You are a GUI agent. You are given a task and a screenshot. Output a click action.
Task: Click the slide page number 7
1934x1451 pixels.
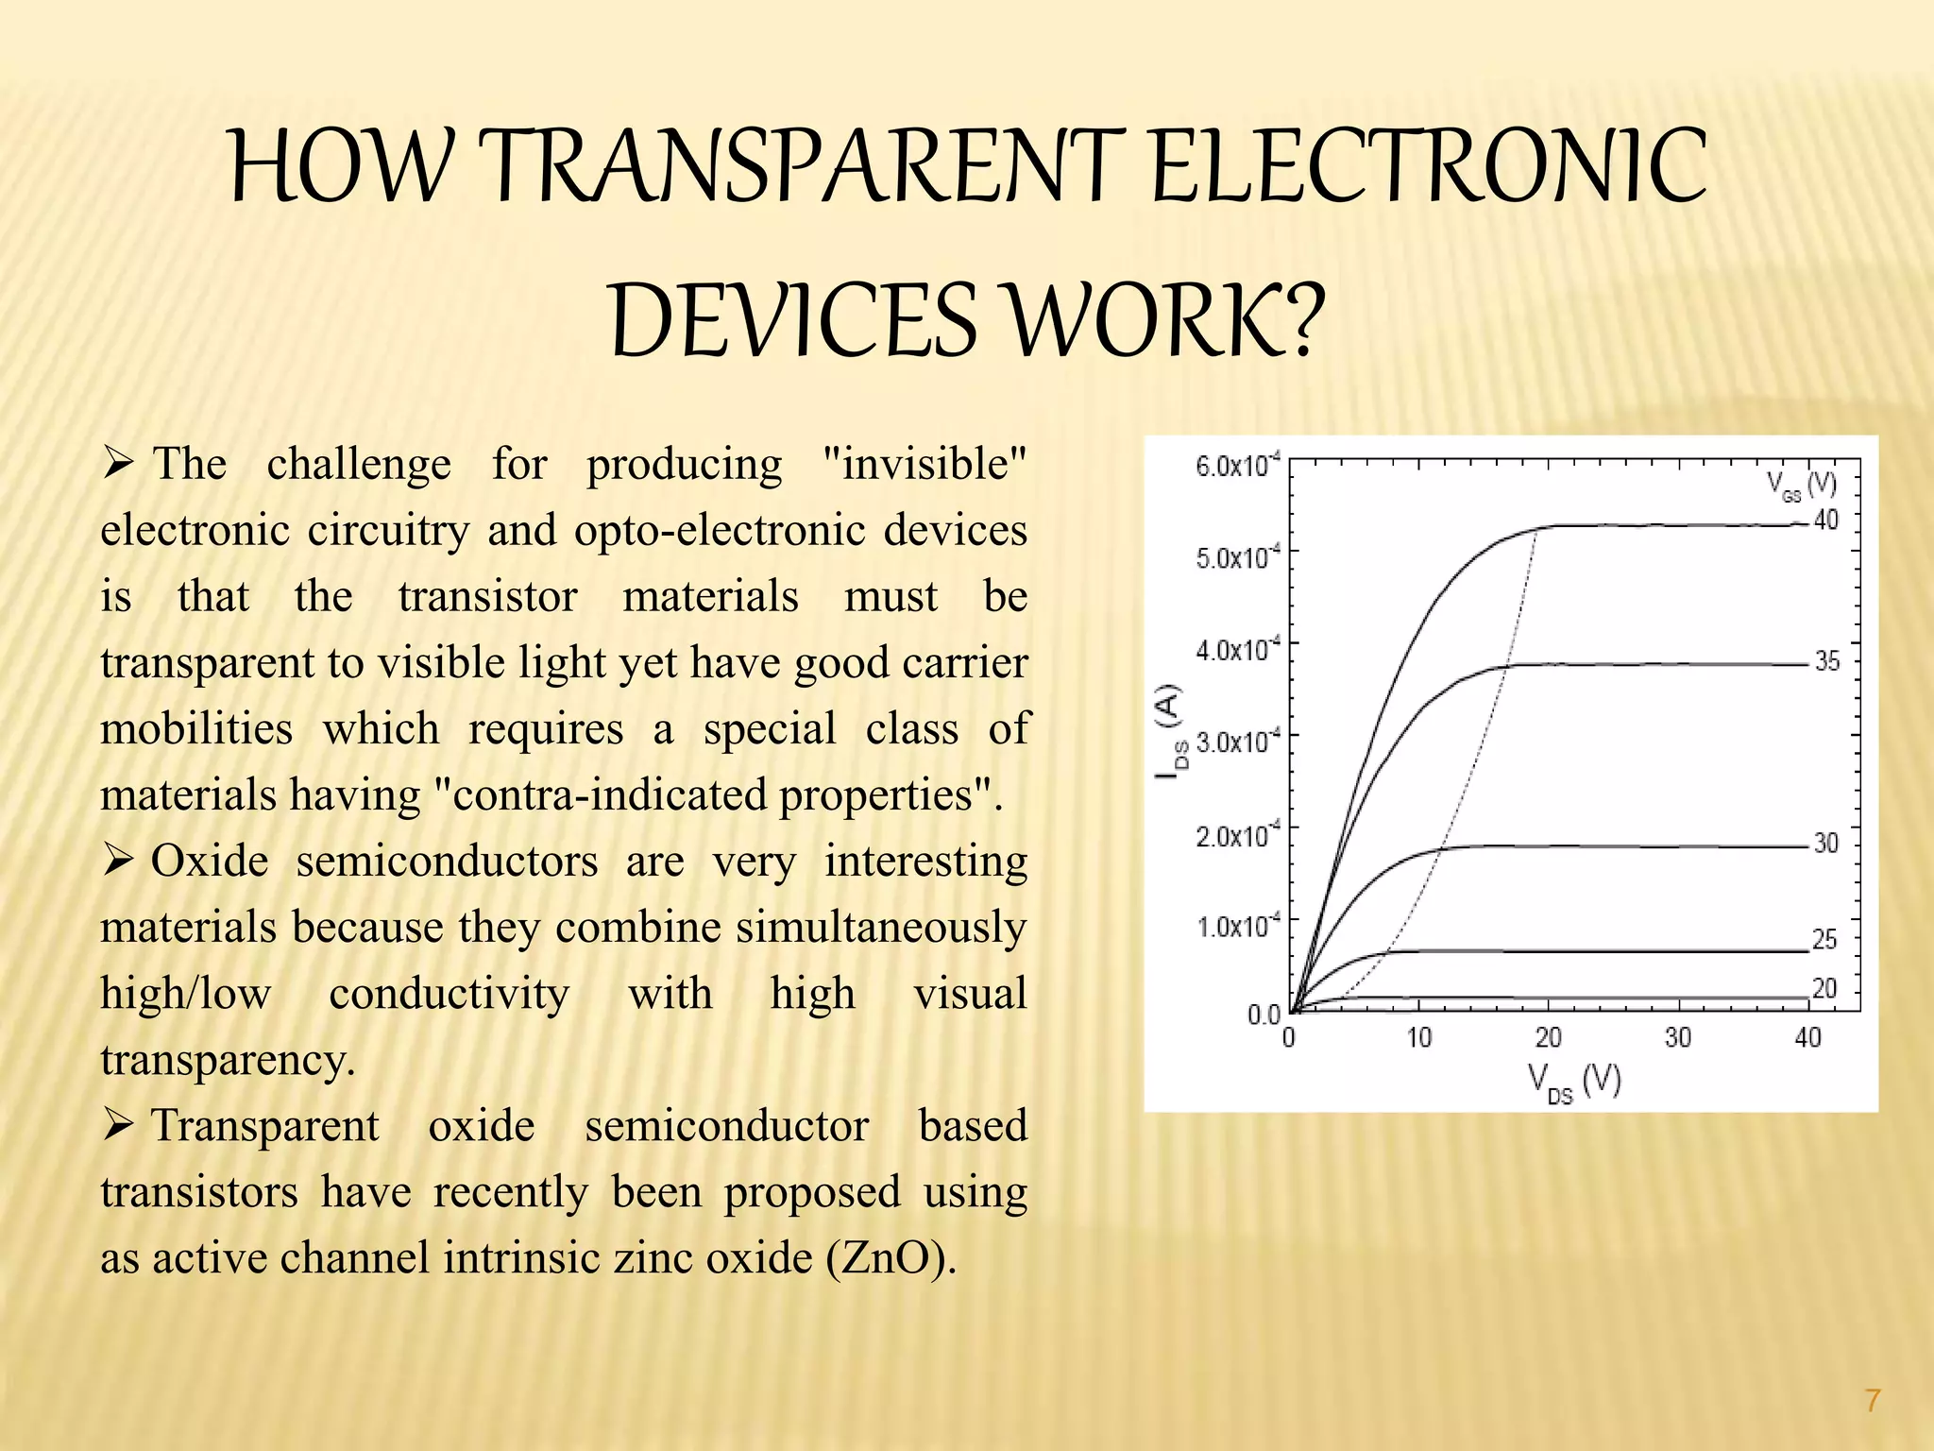[1873, 1400]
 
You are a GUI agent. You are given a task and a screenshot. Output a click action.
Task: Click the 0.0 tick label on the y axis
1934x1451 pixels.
[1264, 1015]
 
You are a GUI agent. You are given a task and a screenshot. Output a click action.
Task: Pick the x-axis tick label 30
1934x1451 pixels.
[1677, 1038]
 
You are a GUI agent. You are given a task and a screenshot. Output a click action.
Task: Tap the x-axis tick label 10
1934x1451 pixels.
[1418, 1038]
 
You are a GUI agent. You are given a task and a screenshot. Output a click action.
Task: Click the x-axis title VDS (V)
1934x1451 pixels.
[1573, 1082]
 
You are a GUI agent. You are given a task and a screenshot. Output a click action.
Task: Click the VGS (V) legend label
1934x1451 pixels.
[1801, 486]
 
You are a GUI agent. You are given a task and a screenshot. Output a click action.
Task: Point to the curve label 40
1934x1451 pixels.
[1826, 520]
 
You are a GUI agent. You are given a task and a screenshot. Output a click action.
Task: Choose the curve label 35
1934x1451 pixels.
[1827, 661]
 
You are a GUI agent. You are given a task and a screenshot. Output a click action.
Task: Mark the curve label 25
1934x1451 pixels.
[1824, 939]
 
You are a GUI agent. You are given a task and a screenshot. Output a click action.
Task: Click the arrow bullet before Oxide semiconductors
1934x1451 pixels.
[118, 861]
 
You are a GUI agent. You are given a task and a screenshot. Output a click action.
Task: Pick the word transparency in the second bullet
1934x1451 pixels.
[228, 1060]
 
